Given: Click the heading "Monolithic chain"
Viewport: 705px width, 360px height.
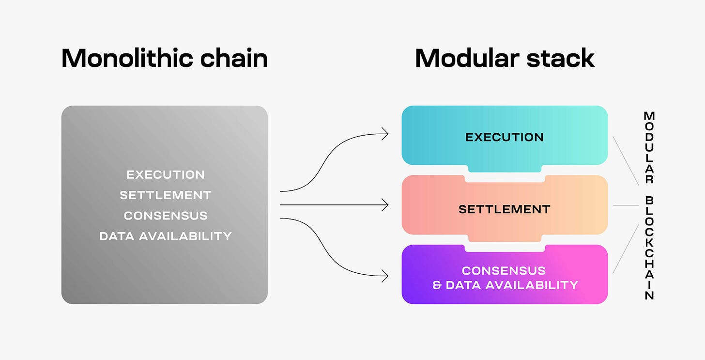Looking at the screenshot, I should coord(164,58).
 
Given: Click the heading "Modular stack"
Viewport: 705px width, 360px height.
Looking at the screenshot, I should coord(505,58).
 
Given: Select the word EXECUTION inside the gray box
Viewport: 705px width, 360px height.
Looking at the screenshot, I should coord(166,174).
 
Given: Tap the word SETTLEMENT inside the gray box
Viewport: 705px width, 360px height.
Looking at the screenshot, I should coord(166,195).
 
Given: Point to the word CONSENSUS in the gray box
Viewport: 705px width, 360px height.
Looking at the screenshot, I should coord(166,216).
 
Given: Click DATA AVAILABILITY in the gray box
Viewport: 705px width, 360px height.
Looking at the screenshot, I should coord(166,236).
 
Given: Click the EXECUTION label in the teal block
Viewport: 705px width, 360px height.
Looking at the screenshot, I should coord(505,137).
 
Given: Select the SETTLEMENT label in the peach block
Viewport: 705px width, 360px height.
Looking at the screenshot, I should coord(505,209).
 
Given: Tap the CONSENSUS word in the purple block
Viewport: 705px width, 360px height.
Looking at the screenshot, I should coord(504,270).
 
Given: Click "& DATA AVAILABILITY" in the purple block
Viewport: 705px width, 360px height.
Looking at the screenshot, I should coord(505,285).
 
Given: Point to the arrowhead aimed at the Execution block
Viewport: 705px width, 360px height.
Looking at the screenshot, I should coord(385,134).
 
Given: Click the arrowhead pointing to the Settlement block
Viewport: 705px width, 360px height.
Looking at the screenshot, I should coord(385,205).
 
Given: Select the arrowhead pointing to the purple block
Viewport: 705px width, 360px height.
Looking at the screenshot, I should coord(385,277).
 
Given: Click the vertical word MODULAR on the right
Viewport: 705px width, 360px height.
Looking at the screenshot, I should coord(649,147).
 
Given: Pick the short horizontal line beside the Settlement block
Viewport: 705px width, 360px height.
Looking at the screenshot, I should coord(626,205).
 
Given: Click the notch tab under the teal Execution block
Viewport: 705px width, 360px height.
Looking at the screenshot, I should coord(505,168).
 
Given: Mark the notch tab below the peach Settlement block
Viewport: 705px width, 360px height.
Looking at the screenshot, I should coord(505,238).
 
